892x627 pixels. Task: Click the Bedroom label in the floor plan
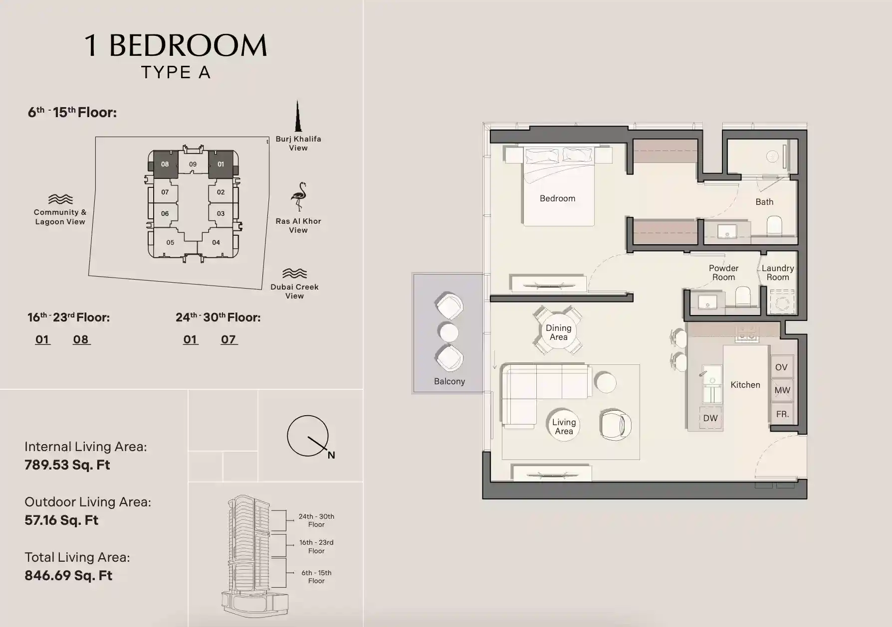coord(557,198)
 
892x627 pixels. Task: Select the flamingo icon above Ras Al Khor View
coord(298,197)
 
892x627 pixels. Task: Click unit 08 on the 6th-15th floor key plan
coord(165,164)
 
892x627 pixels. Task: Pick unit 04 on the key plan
coord(216,243)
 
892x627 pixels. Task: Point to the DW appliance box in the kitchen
coord(710,418)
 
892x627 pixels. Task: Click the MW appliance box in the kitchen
coord(782,390)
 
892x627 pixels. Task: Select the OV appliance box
coord(781,367)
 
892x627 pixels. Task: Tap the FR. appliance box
coord(782,414)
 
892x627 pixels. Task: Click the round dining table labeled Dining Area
coord(558,332)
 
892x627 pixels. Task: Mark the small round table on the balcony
coord(448,332)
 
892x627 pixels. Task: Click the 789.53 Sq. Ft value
coord(67,465)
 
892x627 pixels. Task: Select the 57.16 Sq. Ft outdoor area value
coord(61,520)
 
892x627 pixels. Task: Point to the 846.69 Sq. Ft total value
coord(68,576)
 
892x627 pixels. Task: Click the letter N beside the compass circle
coord(331,455)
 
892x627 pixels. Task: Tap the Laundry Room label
coord(778,273)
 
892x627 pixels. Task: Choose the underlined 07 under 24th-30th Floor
coord(228,339)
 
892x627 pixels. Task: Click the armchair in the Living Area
coord(616,425)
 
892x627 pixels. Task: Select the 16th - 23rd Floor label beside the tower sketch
coord(316,547)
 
